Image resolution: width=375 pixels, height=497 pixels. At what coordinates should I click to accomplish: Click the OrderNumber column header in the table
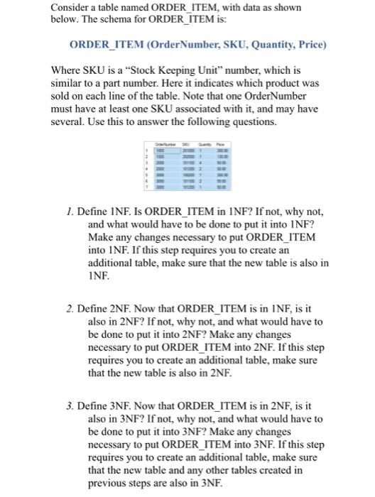[163, 142]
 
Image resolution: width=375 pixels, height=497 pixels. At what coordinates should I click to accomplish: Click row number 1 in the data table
[145, 149]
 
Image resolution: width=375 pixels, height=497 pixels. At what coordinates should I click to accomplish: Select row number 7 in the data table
[145, 187]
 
